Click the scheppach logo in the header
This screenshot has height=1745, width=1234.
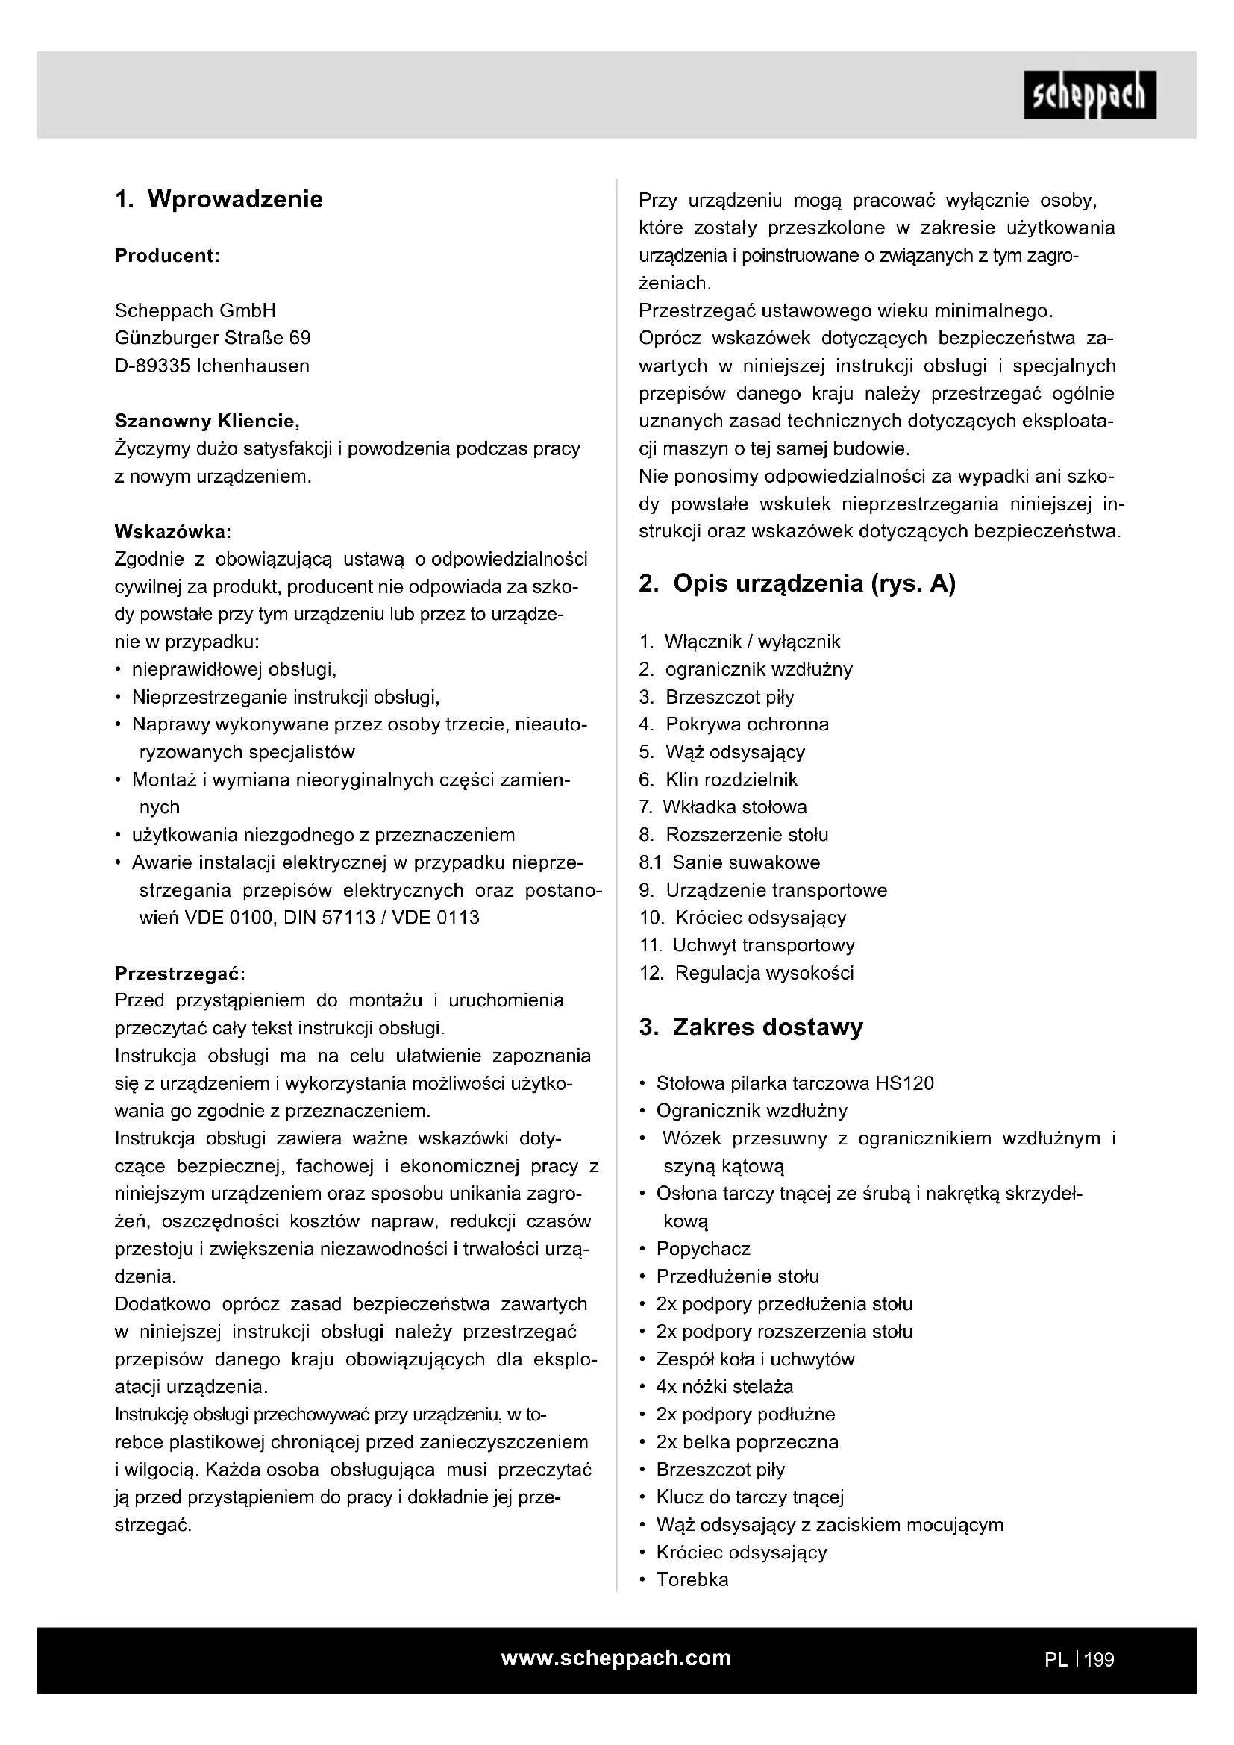click(x=1089, y=95)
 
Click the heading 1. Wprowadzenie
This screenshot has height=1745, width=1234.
click(x=219, y=199)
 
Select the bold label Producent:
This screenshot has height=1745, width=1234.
click(x=167, y=256)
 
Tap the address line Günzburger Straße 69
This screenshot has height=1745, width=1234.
click(x=212, y=338)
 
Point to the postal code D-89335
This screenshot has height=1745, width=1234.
click(x=152, y=366)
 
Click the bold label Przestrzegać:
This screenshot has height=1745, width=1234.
click(x=179, y=974)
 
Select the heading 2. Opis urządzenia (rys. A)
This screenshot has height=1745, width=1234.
click(x=797, y=583)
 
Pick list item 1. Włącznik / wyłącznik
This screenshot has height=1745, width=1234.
click(x=740, y=642)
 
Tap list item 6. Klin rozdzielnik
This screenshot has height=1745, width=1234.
click(x=718, y=780)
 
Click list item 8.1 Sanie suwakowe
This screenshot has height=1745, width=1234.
click(x=730, y=862)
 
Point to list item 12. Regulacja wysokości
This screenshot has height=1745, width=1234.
click(x=747, y=973)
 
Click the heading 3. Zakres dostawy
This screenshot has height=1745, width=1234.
click(x=751, y=1027)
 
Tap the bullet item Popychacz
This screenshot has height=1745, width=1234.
click(x=703, y=1249)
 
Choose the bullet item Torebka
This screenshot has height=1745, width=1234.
click(x=692, y=1580)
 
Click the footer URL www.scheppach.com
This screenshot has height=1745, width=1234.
click(x=616, y=1658)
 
